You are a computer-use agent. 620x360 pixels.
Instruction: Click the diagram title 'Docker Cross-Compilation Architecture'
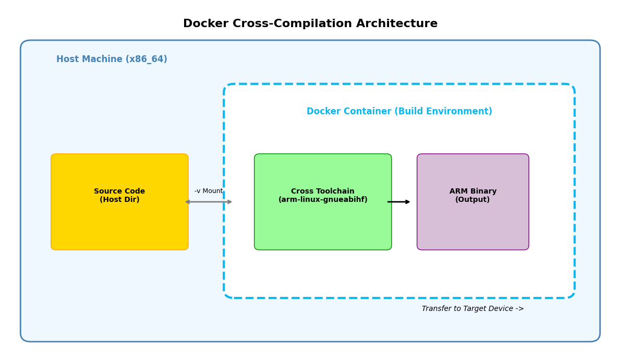coord(310,24)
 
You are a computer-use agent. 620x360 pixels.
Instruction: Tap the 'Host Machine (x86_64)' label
coord(112,59)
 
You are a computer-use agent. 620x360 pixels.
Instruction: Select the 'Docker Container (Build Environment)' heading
coord(399,112)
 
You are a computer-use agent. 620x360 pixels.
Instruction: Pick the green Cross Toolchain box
coord(323,224)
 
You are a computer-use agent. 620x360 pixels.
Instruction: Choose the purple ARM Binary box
coord(472,224)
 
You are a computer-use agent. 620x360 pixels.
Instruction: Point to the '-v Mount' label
coord(209,191)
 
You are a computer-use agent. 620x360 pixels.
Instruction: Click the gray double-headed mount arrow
coord(209,202)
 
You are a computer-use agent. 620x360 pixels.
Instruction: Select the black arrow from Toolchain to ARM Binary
coord(399,202)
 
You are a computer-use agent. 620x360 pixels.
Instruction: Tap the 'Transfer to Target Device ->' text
coord(472,309)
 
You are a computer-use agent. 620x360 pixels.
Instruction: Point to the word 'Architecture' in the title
coord(397,24)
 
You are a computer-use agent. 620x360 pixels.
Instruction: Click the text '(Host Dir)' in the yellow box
coord(119,200)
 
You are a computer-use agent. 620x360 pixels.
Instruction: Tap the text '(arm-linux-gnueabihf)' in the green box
coord(323,200)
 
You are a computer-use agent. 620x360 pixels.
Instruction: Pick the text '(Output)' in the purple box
coord(472,200)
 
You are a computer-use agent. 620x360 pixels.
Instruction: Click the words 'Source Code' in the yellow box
coord(119,191)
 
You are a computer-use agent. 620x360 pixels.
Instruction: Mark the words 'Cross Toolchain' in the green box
coord(323,191)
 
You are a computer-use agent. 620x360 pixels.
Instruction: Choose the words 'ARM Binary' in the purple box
coord(473,191)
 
